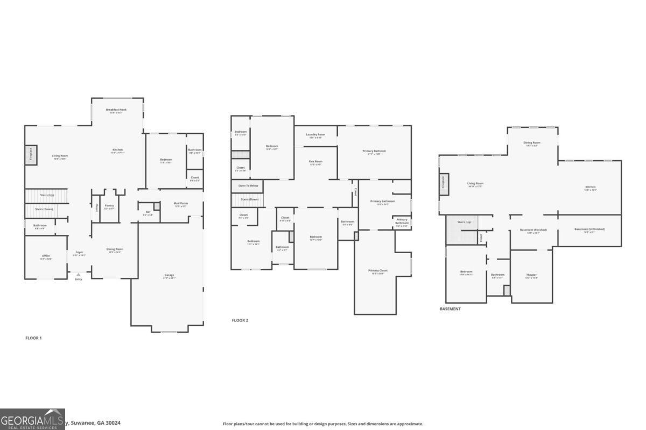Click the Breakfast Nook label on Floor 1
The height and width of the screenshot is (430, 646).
(116, 109)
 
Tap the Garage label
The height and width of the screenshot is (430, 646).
(169, 276)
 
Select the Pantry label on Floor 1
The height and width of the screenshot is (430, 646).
(109, 206)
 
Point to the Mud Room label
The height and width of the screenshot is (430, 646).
(180, 204)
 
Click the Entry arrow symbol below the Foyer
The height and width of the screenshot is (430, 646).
(79, 274)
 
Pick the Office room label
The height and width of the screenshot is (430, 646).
(46, 256)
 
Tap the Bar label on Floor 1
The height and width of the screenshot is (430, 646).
(148, 212)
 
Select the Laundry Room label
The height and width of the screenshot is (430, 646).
(315, 135)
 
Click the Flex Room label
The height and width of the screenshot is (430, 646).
(315, 162)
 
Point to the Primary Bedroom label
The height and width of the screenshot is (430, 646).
(374, 152)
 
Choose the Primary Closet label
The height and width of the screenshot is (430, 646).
(378, 271)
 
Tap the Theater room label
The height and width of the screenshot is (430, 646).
(531, 275)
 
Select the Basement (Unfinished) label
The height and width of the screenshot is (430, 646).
(589, 230)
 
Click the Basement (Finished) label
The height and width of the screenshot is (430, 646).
(533, 230)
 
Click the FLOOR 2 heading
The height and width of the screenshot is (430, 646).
(240, 320)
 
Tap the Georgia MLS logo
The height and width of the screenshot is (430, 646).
(32, 419)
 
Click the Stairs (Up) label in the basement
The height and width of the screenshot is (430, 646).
(465, 222)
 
